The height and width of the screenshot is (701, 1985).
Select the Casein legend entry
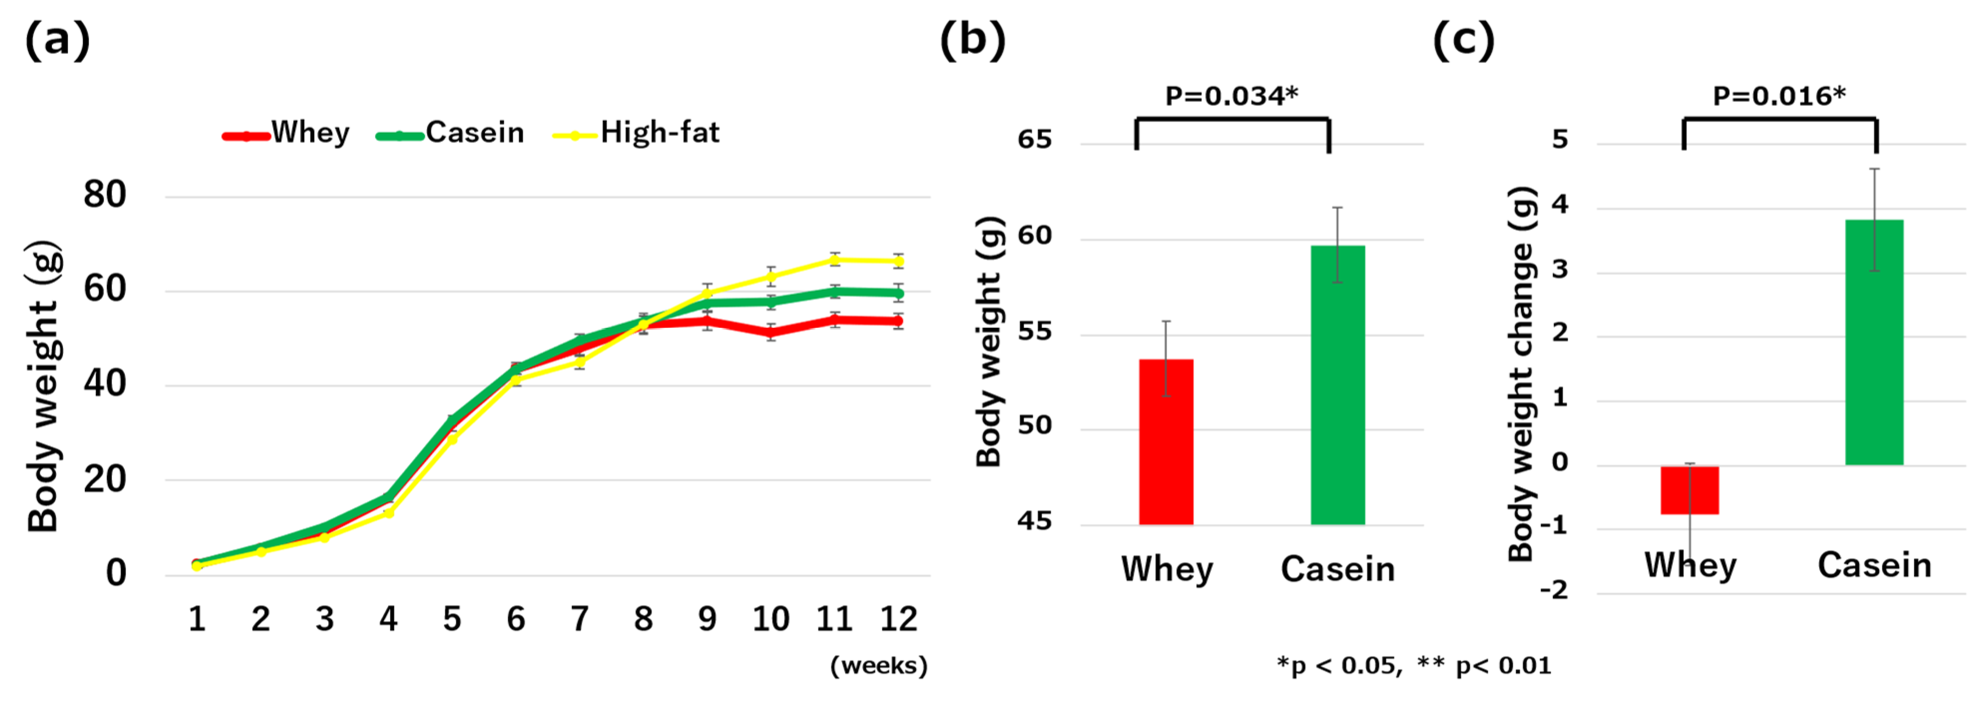tap(451, 133)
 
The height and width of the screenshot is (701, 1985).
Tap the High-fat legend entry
tap(637, 133)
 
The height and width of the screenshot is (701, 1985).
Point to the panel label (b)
tap(972, 40)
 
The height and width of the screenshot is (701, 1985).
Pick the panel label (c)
tap(1463, 40)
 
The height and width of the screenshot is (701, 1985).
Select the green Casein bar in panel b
tap(1338, 385)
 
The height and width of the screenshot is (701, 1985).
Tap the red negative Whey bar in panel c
tap(1689, 490)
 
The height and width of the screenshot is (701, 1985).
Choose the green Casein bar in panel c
tap(1874, 343)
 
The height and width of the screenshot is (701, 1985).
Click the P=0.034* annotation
tap(1231, 96)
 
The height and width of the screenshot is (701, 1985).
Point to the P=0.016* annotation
tap(1778, 96)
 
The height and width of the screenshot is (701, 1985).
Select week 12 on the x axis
tap(898, 619)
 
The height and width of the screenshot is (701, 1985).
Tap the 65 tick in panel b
tap(1034, 140)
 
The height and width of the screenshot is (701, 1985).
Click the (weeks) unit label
tap(879, 666)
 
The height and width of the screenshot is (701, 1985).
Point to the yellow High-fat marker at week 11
tap(835, 260)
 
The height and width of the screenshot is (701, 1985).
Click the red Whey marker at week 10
tap(771, 333)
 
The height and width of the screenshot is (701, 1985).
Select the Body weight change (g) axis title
tap(1522, 374)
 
